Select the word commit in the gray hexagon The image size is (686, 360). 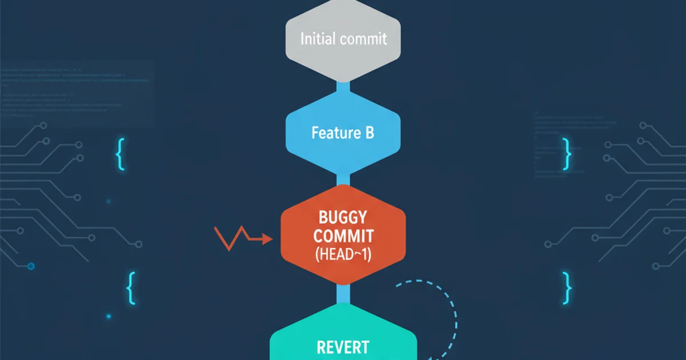coord(363,39)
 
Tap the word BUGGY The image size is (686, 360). coord(343,217)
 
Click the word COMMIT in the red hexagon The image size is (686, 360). coord(343,236)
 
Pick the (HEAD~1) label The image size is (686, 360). coord(343,255)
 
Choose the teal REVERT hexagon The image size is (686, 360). coord(343,337)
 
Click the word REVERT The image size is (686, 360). coord(343,347)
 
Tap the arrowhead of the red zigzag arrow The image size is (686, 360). coord(268,240)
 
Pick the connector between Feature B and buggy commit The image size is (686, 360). coord(343,178)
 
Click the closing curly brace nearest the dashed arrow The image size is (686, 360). coord(567,287)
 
